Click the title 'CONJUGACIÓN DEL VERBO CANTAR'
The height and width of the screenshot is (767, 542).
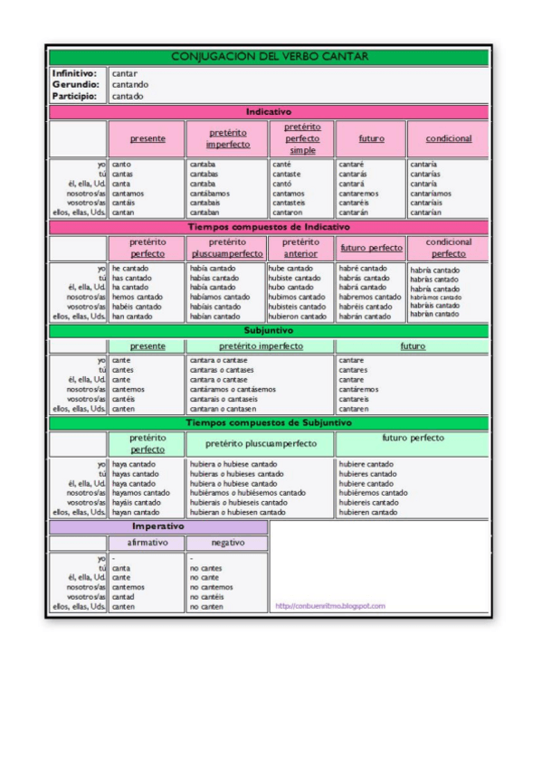270,57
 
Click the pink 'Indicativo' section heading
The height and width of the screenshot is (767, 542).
270,112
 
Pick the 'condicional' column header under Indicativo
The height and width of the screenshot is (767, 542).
442,138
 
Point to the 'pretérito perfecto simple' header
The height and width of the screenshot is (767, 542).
302,138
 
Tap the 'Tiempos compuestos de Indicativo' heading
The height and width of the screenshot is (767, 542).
270,227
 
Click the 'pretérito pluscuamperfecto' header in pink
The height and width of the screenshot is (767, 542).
225,248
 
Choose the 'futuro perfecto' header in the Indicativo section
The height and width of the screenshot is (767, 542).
371,248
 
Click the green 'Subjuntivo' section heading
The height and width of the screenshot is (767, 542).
270,331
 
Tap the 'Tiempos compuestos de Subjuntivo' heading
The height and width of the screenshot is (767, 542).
270,422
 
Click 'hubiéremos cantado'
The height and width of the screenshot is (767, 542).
373,493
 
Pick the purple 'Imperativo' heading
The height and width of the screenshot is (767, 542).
158,526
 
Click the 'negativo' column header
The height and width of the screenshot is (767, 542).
226,543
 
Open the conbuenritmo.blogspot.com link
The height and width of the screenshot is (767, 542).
329,606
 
